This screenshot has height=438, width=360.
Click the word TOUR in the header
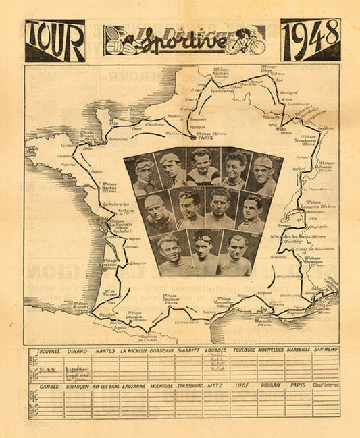point(55,40)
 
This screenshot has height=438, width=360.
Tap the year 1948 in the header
point(310,40)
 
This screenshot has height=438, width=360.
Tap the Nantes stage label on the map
point(110,186)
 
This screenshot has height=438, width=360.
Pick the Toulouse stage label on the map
point(170,298)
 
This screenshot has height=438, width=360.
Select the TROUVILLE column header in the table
point(48,351)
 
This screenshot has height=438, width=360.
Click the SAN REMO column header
point(326,351)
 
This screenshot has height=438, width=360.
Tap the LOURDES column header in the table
point(215,351)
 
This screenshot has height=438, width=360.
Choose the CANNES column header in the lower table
point(49,387)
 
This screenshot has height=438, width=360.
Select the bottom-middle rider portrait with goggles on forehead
point(201,252)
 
